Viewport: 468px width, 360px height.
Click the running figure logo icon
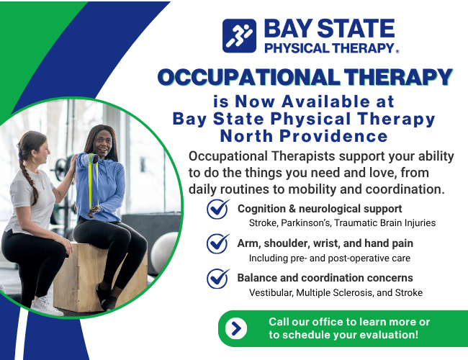tap(239, 36)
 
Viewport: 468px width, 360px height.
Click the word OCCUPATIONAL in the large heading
tap(248, 77)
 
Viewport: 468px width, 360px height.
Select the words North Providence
tap(304, 136)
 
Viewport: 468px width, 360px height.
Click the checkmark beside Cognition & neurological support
tap(218, 209)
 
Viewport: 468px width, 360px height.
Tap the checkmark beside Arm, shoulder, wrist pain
tap(218, 243)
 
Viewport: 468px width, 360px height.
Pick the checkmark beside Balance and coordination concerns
tap(218, 279)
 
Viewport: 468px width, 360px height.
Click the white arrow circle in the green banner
tap(236, 328)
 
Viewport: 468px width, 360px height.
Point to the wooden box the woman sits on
tap(79, 278)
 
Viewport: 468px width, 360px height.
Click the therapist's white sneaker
tap(46, 306)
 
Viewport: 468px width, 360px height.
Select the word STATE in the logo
tap(356, 29)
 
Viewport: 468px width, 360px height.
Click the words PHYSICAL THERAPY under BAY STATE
tap(330, 48)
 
